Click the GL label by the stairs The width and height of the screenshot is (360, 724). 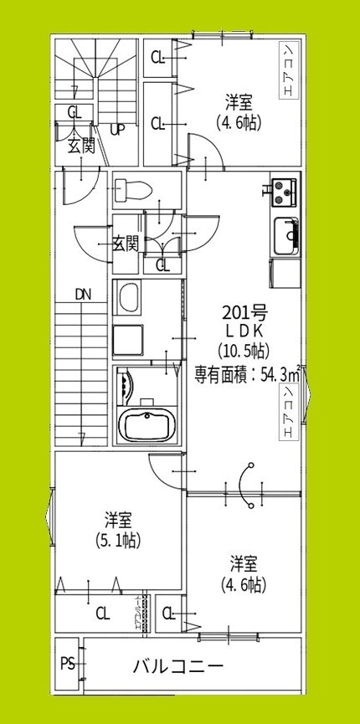(74, 111)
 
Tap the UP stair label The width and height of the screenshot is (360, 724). (117, 129)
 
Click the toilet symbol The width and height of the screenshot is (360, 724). (131, 188)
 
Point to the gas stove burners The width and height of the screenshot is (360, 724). (285, 193)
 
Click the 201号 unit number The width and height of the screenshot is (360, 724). (244, 314)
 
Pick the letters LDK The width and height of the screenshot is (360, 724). (244, 332)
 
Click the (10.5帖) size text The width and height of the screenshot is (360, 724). (243, 351)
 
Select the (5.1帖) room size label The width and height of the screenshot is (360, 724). (116, 540)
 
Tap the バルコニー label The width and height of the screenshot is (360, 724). (177, 667)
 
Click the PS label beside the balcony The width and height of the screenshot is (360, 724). (67, 665)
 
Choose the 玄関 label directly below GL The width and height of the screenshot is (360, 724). (80, 146)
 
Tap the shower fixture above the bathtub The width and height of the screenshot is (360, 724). (127, 385)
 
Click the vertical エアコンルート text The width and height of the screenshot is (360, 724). (139, 614)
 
